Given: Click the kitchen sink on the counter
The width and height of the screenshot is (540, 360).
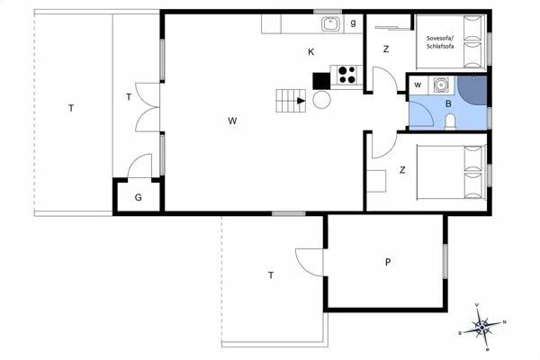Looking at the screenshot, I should pos(330,24).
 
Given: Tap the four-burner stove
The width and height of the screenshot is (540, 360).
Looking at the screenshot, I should pos(346,75).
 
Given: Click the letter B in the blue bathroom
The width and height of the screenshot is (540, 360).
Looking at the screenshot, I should pos(447,103).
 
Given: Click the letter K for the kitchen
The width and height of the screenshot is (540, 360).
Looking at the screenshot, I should pos(310,52).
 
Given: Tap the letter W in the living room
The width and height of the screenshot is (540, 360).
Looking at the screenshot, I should pos(232,120).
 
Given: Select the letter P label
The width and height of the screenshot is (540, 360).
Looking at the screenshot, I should pos(388,263).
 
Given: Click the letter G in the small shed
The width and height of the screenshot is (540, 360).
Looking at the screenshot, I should pos(139,197).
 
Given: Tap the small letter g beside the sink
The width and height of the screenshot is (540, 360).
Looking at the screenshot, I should pos(354,22).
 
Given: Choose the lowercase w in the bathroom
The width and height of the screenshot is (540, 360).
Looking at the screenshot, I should pos(418,85).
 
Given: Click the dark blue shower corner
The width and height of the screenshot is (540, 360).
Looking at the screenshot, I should pos(473,88).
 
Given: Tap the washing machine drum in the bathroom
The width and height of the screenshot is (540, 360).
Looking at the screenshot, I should pos(440,85).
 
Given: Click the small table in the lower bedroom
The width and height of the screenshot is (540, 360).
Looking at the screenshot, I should pos(376,180).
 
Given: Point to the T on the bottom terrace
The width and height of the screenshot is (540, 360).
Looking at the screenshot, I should pos(270,275).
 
